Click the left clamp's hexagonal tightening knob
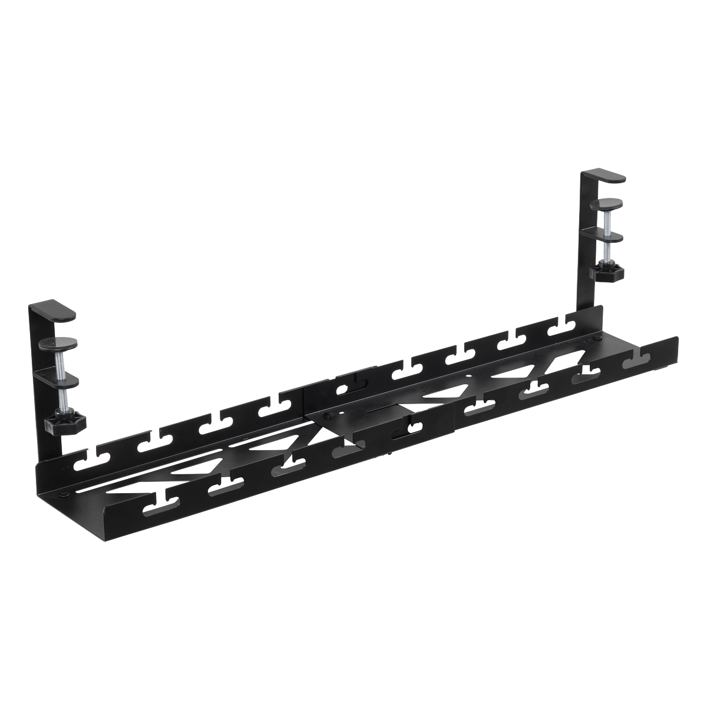point(65,422)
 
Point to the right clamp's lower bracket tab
point(607,236)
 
